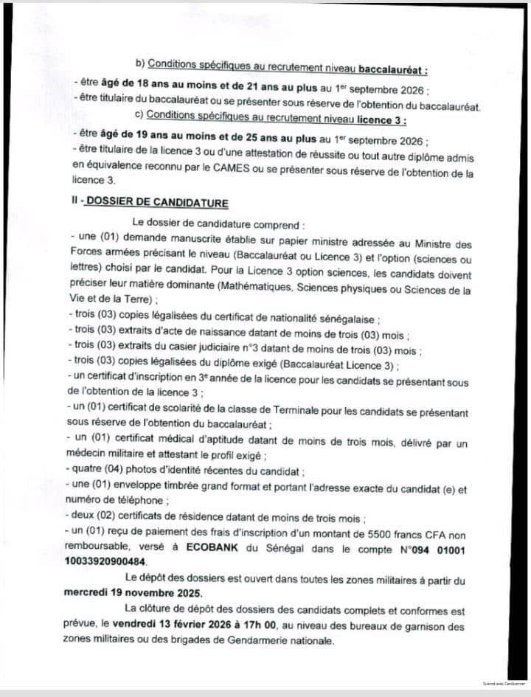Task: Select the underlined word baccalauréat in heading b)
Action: (x=392, y=70)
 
